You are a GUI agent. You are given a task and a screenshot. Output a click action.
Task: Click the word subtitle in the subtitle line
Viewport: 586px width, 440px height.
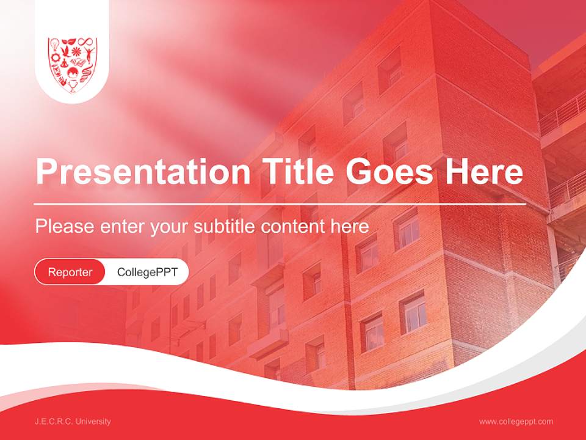(x=225, y=227)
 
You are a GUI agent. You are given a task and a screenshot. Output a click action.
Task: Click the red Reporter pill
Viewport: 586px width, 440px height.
(x=70, y=272)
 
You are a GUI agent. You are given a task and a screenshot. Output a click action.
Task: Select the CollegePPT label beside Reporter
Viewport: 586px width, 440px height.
(x=147, y=272)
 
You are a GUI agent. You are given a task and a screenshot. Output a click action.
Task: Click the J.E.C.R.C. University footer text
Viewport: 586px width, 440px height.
(x=73, y=422)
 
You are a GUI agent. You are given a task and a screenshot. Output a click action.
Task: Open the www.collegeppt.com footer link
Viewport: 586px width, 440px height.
(x=516, y=422)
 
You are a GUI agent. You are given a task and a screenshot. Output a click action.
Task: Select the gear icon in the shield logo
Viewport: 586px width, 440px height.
(x=55, y=57)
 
